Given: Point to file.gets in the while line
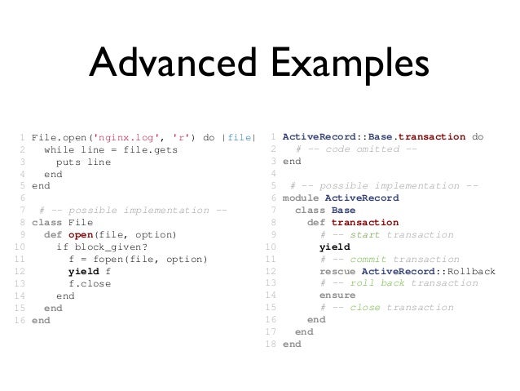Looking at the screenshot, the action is coord(150,149).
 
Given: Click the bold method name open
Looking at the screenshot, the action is coord(83,235).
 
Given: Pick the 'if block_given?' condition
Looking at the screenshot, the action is coord(102,247).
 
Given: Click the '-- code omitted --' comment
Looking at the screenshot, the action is coord(358,149).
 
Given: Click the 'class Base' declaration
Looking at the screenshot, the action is coord(324,210).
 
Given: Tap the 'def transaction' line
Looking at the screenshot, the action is coord(353,222).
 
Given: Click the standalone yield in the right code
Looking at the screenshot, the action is coord(334,247).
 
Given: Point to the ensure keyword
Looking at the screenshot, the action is coord(337,295).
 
